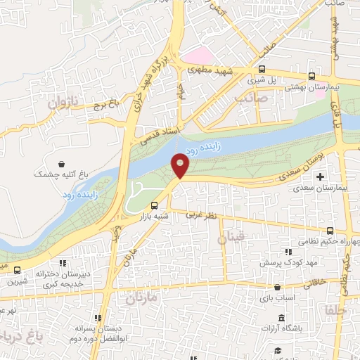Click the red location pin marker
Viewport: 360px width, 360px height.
(181, 165)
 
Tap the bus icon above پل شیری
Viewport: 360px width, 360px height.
(262, 69)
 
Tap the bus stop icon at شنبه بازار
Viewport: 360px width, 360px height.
(154, 205)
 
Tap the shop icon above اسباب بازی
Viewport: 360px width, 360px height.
(279, 287)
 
